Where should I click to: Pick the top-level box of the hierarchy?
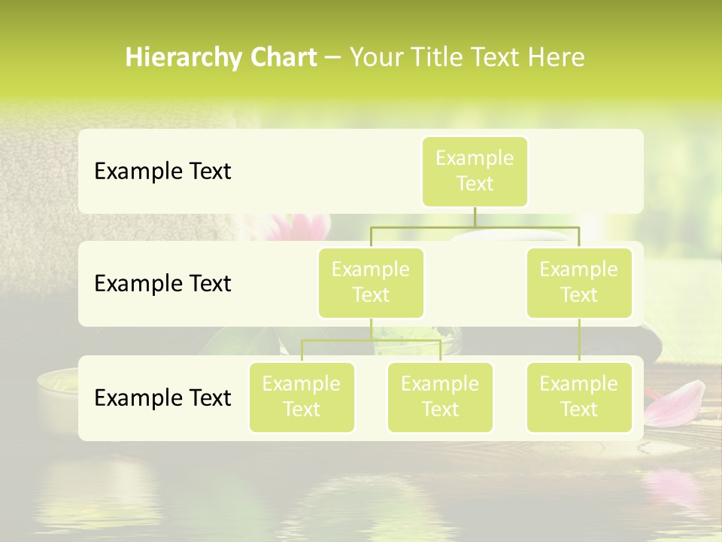click(x=475, y=171)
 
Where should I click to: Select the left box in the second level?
click(x=371, y=282)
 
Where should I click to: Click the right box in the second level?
click(x=579, y=282)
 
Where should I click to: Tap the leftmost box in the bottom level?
click(x=302, y=397)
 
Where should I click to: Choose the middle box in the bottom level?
click(x=440, y=397)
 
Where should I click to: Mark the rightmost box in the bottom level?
click(x=579, y=397)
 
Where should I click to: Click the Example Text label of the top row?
click(x=162, y=172)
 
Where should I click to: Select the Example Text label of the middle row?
click(x=162, y=284)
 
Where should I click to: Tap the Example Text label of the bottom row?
click(x=162, y=397)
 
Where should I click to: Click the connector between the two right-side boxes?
click(x=579, y=340)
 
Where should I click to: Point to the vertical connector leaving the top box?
click(x=475, y=217)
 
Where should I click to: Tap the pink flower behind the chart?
click(x=301, y=227)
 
